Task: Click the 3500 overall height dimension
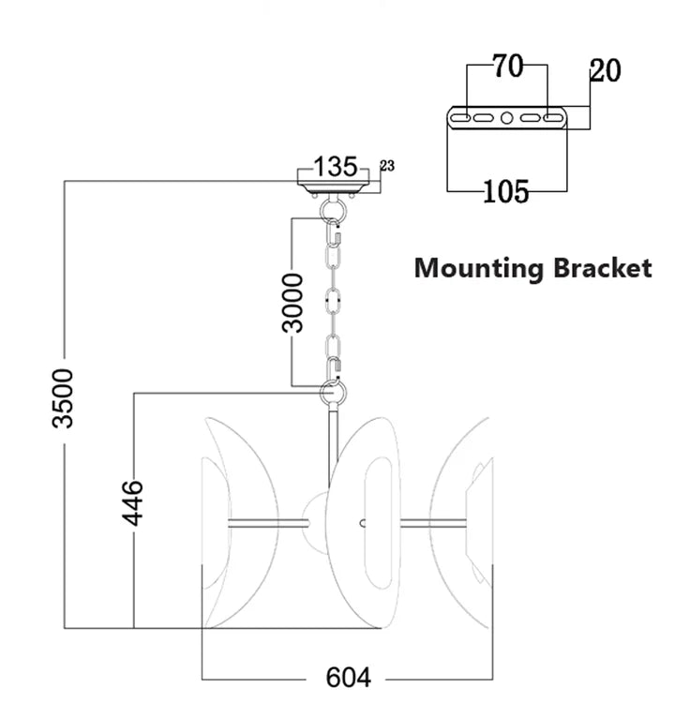tap(63, 397)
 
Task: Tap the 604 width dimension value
tap(348, 677)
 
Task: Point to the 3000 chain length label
tap(293, 302)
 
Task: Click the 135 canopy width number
tap(335, 167)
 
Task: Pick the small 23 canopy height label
tap(387, 166)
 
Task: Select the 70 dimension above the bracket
tap(506, 67)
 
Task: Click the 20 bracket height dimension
tap(605, 70)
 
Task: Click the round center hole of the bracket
tap(506, 119)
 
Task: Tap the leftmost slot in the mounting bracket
tap(459, 119)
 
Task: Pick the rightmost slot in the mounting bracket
tap(554, 119)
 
